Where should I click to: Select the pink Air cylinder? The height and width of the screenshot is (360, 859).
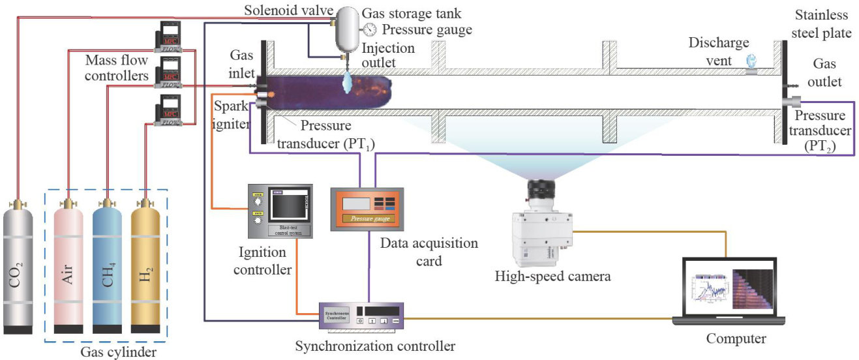click(68, 267)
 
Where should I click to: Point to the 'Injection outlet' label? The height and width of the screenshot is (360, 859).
click(387, 55)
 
